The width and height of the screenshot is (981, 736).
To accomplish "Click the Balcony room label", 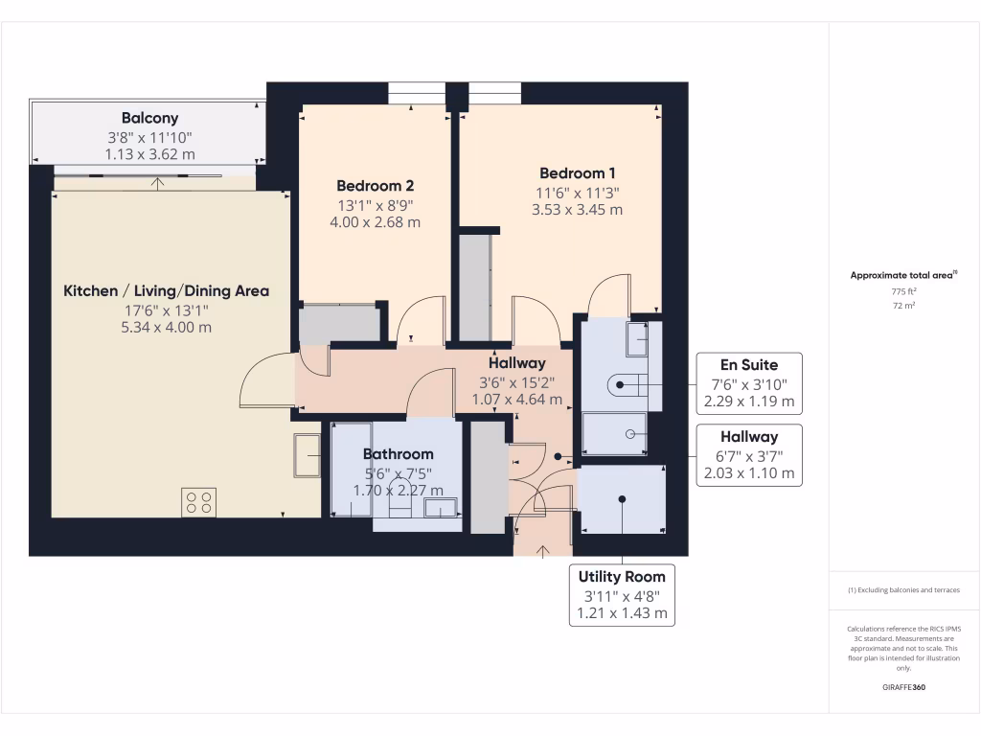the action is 149,118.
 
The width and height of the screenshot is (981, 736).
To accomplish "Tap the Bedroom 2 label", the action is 375,186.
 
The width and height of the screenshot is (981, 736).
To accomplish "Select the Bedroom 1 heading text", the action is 577,173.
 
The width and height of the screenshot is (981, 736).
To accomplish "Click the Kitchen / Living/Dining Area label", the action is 166,291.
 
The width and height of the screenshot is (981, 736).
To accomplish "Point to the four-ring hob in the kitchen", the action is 199,502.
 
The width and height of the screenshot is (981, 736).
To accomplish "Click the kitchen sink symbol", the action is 308,455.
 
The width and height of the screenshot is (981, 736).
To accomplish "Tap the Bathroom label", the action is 398,454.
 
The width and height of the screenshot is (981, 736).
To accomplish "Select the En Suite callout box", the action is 749,383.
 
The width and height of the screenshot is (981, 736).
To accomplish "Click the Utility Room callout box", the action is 622,595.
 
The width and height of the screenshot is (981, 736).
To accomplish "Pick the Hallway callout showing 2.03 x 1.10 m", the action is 749,455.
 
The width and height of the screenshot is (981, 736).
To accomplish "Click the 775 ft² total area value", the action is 903,291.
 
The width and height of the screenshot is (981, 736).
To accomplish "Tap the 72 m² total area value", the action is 903,306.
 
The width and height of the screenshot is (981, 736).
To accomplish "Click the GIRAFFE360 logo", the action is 903,687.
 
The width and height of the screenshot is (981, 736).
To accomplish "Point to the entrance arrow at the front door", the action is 542,551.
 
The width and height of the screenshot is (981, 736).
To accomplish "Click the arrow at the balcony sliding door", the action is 157,183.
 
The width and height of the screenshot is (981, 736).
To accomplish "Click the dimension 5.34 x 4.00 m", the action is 166,328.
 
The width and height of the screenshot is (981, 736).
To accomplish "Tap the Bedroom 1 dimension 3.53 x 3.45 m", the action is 577,210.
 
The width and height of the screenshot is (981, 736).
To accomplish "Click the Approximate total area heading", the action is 903,275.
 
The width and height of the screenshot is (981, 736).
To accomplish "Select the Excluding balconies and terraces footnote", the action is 903,590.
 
